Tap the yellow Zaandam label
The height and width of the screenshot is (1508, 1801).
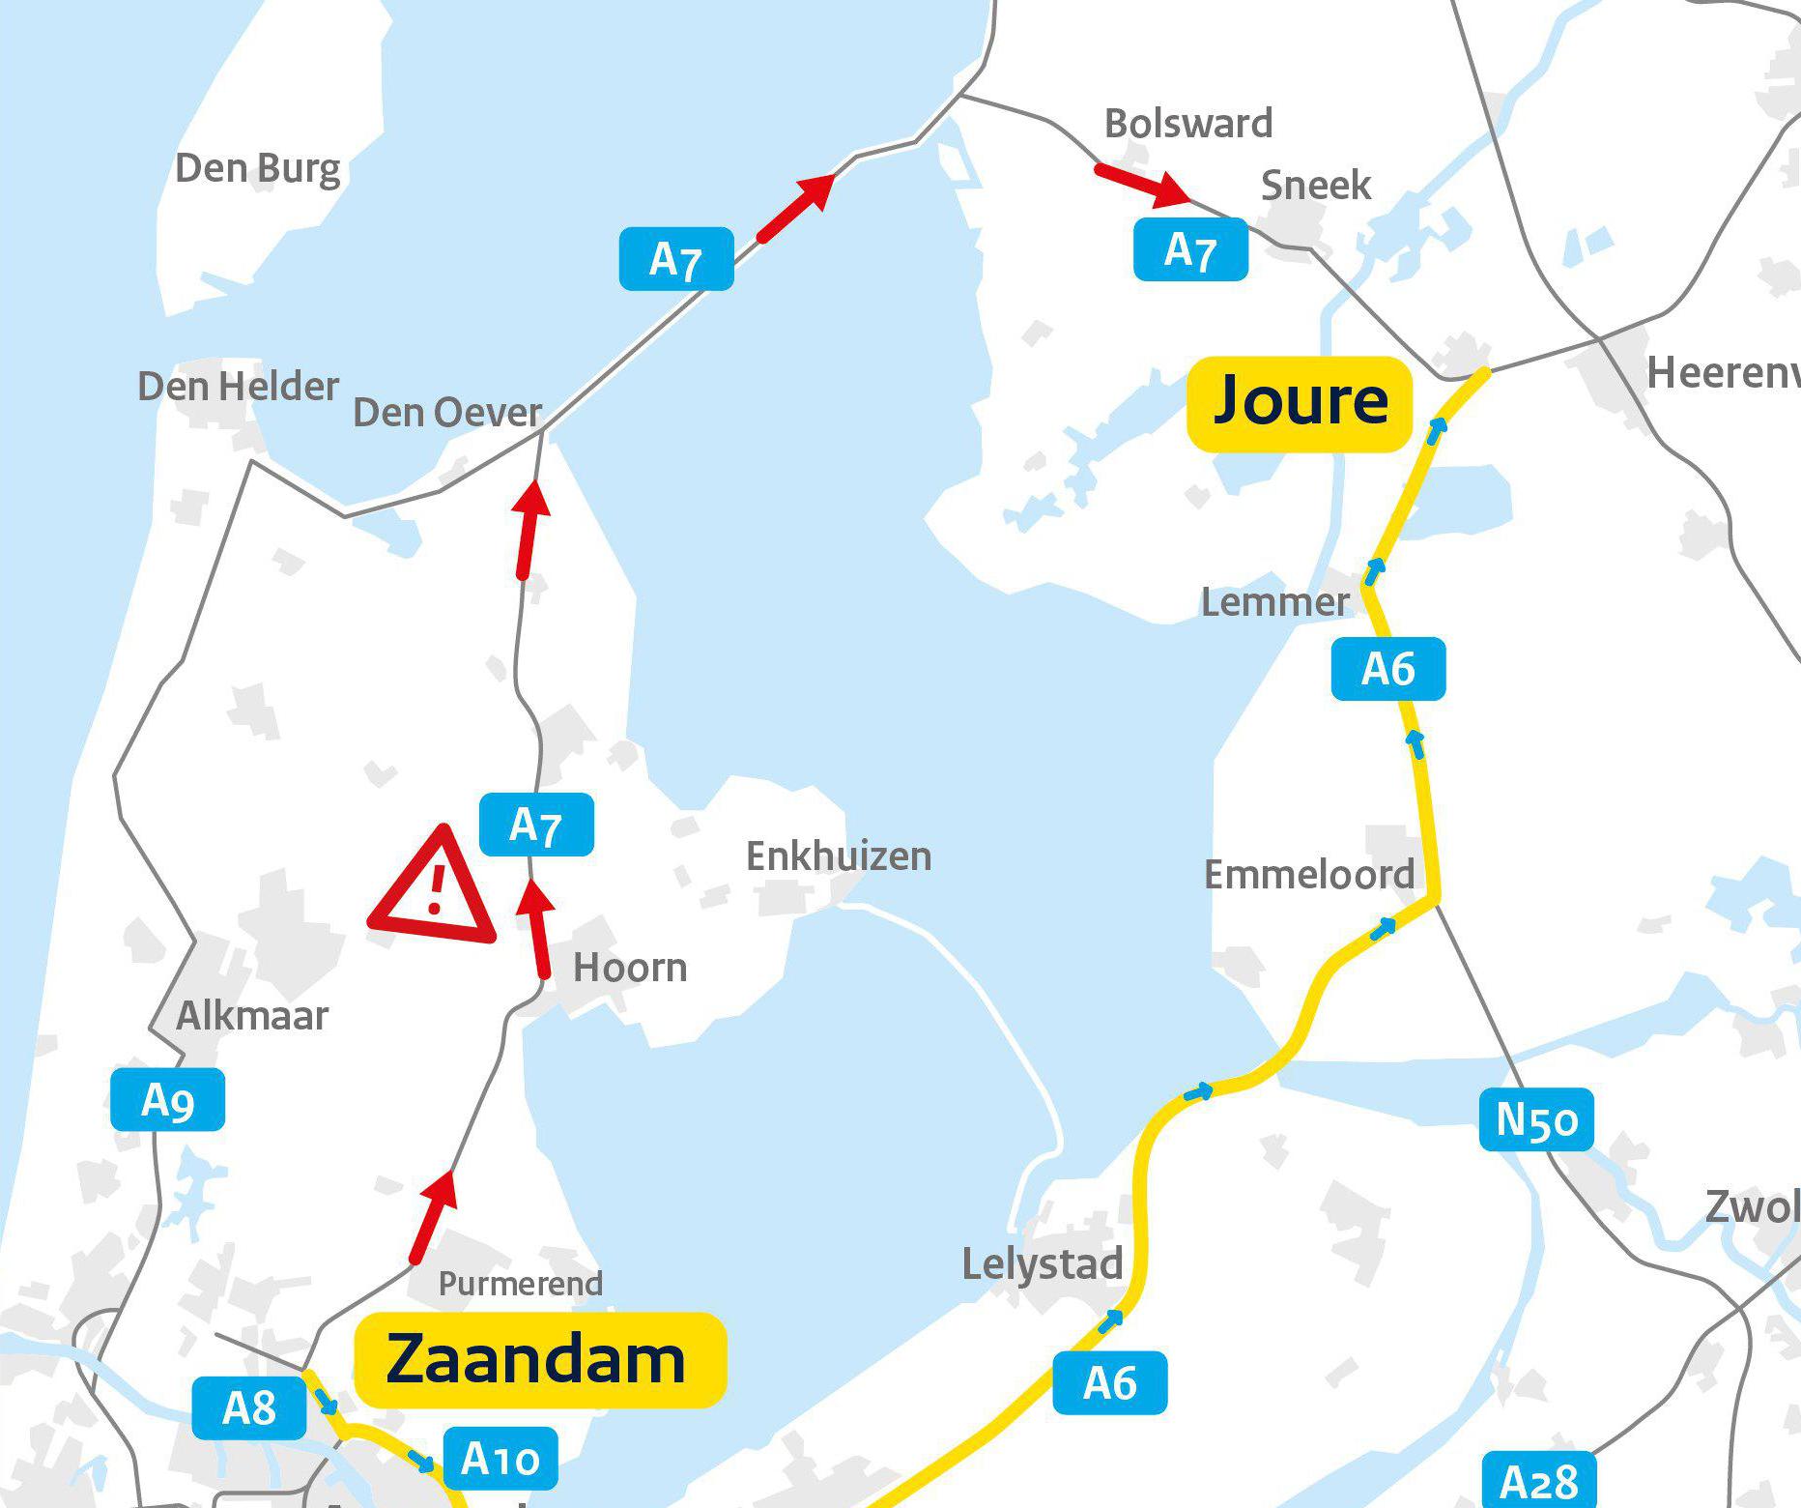(x=539, y=1359)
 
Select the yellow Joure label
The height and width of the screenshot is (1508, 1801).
(x=1300, y=403)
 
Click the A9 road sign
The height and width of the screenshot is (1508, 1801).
(x=168, y=1100)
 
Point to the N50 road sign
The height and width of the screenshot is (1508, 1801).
(x=1536, y=1120)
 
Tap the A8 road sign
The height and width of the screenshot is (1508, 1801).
(x=249, y=1408)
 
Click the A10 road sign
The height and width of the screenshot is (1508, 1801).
(x=500, y=1458)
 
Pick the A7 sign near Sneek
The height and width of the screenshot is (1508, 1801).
(x=1190, y=250)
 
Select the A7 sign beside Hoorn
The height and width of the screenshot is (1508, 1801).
(x=536, y=825)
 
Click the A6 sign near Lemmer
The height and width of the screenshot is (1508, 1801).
(x=1388, y=669)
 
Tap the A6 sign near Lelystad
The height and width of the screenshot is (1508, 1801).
(x=1110, y=1383)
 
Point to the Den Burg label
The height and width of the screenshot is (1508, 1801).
(x=258, y=169)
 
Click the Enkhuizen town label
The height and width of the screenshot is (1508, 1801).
(x=839, y=856)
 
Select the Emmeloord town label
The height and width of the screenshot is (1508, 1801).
(x=1308, y=875)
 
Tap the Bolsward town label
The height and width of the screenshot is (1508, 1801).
(x=1188, y=124)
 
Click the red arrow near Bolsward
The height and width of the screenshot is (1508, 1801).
(x=1141, y=185)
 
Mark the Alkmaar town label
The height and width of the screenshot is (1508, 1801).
(x=252, y=1016)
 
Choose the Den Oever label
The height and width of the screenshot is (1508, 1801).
(x=446, y=413)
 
